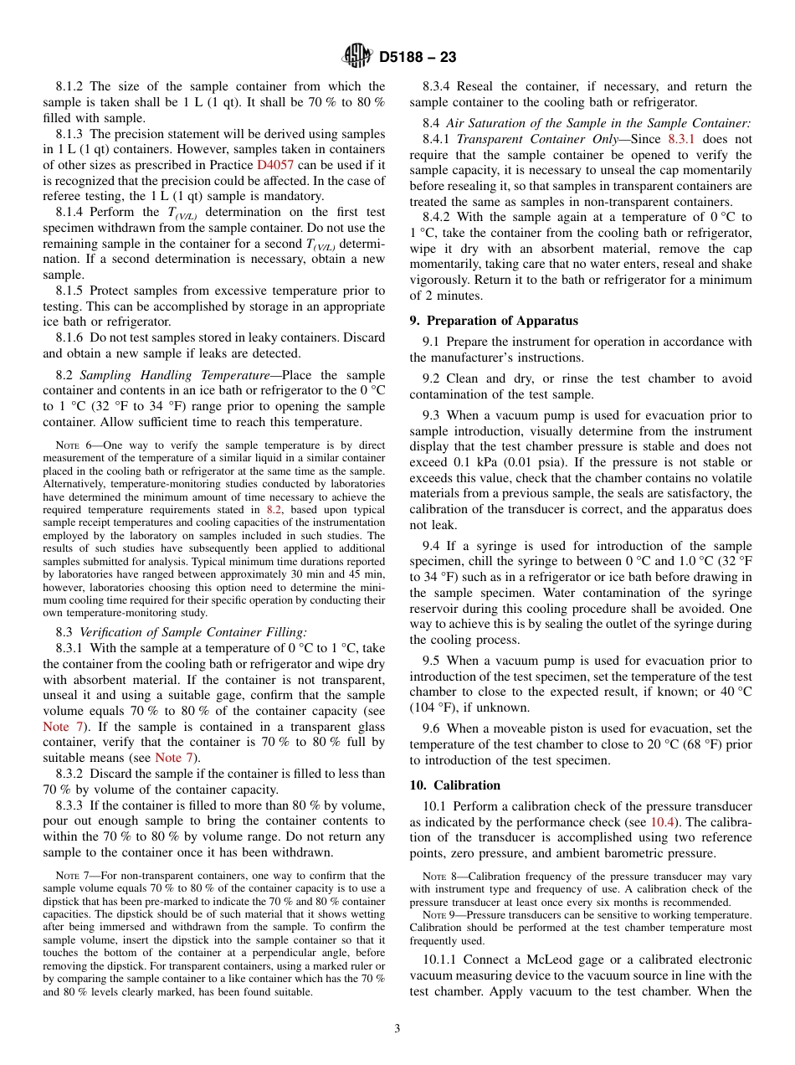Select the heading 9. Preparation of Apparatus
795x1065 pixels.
click(494, 321)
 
